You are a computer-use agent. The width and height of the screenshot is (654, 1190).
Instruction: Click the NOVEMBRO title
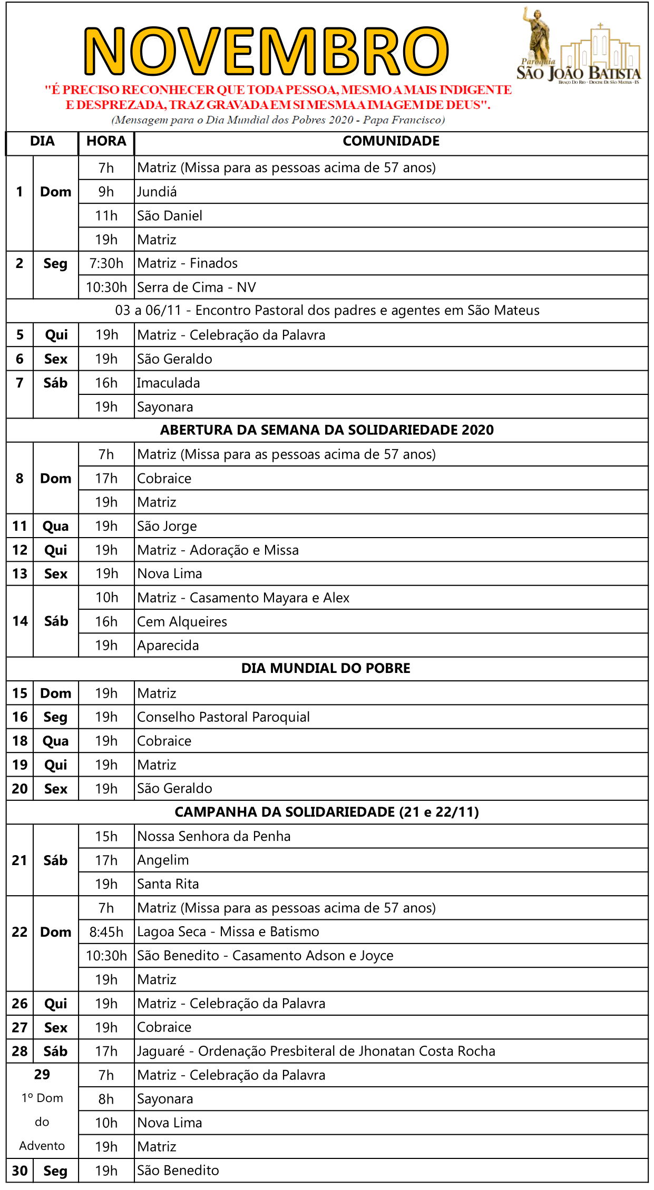[x=266, y=51]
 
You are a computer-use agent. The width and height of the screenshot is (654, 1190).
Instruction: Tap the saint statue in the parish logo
[x=537, y=34]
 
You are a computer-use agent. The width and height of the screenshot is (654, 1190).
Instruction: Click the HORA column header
[x=106, y=141]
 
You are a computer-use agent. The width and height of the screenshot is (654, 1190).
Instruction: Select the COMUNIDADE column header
[x=391, y=141]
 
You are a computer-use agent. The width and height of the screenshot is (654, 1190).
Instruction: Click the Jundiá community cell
[x=157, y=192]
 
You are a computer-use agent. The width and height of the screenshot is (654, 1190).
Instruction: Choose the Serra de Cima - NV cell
[x=197, y=287]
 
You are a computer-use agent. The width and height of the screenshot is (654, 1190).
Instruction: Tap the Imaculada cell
[x=169, y=383]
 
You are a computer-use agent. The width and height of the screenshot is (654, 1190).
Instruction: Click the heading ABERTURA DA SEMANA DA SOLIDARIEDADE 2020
[x=327, y=430]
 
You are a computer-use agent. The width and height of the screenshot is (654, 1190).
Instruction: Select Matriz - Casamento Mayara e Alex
[x=243, y=598]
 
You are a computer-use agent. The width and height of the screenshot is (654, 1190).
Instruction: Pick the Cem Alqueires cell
[x=182, y=622]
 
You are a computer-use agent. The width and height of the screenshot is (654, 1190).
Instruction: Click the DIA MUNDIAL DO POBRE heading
[x=326, y=668]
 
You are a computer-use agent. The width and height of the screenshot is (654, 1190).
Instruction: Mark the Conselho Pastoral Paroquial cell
[x=223, y=717]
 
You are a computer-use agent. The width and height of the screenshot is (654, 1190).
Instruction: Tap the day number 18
[x=20, y=741]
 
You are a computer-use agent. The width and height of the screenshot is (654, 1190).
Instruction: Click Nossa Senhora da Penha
[x=214, y=836]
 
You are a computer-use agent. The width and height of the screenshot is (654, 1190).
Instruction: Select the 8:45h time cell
[x=106, y=932]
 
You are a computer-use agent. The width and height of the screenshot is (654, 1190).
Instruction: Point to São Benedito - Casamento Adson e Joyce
[x=266, y=956]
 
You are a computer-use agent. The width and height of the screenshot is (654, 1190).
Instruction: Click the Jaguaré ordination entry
[x=316, y=1051]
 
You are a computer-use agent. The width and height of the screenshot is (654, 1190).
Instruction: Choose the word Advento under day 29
[x=42, y=1146]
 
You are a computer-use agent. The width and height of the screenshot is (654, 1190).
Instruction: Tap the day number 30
[x=20, y=1171]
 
